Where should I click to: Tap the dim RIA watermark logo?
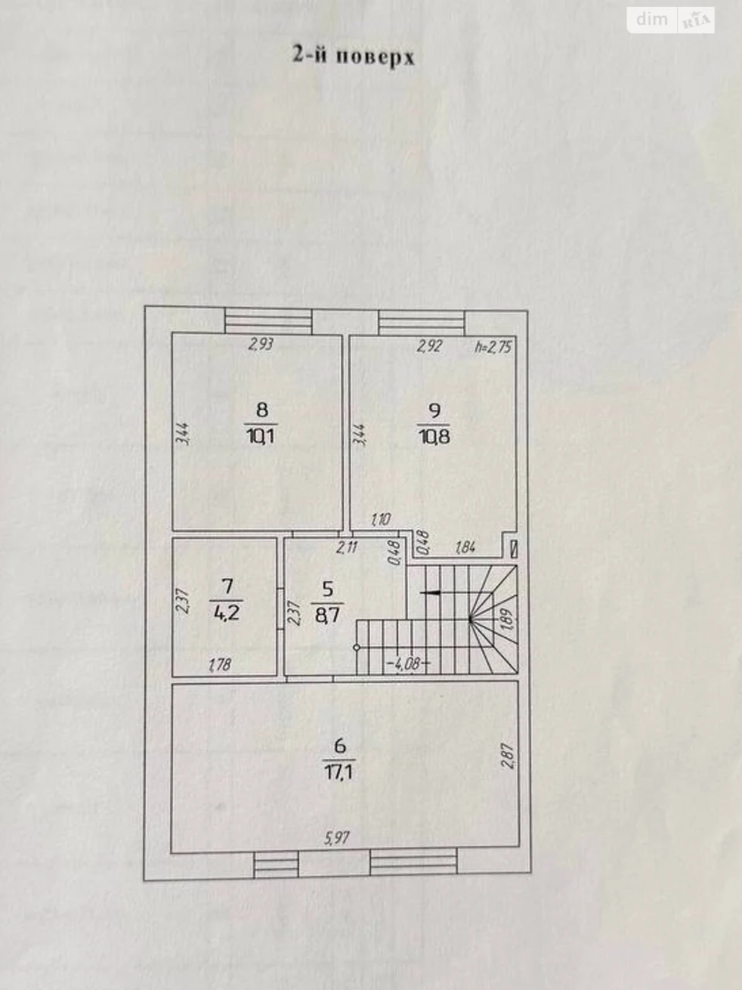pyautogui.click(x=671, y=20)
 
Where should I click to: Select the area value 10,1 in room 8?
pyautogui.click(x=260, y=436)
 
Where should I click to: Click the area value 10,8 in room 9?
pyautogui.click(x=434, y=436)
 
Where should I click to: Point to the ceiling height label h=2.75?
pyautogui.click(x=494, y=346)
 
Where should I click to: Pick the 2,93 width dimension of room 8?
pyautogui.click(x=260, y=345)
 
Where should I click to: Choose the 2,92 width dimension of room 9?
pyautogui.click(x=430, y=346)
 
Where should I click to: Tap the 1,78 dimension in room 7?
pyautogui.click(x=220, y=665)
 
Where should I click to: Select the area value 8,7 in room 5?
pyautogui.click(x=327, y=616)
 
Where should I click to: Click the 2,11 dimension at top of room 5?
pyautogui.click(x=347, y=548)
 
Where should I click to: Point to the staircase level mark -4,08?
pyautogui.click(x=408, y=664)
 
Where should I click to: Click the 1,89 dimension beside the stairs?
pyautogui.click(x=507, y=622)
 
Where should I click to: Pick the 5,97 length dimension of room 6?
pyautogui.click(x=337, y=838)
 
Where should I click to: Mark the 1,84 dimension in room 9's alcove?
pyautogui.click(x=466, y=548)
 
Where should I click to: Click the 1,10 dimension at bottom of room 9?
pyautogui.click(x=381, y=520)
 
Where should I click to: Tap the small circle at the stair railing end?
pyautogui.click(x=356, y=647)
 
